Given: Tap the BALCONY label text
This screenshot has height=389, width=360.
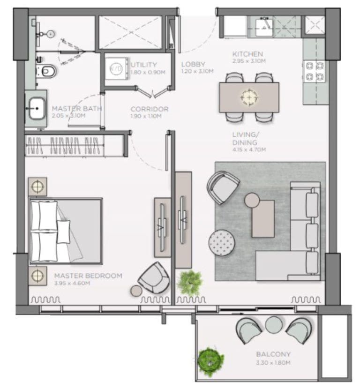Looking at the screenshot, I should [x=273, y=354].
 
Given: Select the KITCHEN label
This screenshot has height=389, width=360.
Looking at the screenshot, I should [x=247, y=54].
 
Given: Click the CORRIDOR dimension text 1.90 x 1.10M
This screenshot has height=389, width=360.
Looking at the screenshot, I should [x=146, y=116].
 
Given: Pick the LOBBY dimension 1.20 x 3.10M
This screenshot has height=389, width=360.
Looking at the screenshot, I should [x=197, y=71].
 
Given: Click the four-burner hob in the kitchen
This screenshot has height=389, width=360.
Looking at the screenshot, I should [x=315, y=71].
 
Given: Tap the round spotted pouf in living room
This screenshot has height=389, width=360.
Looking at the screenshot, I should [x=221, y=242].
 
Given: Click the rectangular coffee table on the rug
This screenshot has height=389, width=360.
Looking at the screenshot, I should [x=263, y=218].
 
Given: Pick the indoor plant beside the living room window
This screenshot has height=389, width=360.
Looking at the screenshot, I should [x=190, y=282].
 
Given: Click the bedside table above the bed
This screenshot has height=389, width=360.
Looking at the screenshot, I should [x=37, y=187].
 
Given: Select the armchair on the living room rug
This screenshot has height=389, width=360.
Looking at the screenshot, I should [x=225, y=187].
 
